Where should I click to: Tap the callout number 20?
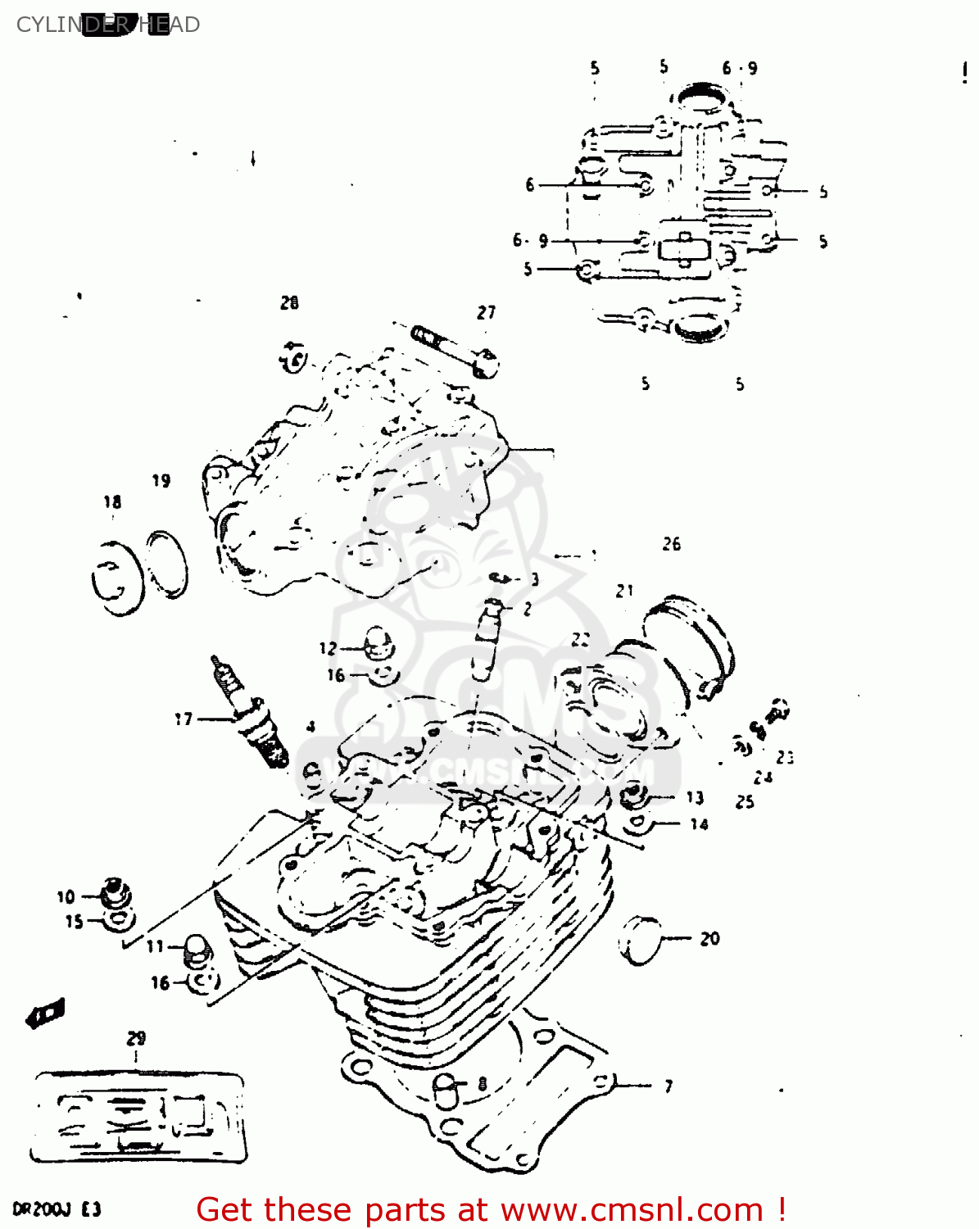coord(709,939)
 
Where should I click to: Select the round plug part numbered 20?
coord(640,938)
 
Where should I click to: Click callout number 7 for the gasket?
coord(669,1086)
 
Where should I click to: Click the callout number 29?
coord(136,1038)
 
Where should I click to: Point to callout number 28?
coord(289,303)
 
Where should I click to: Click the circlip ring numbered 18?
coord(116,578)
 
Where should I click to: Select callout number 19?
coord(161,481)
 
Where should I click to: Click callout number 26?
coord(671,544)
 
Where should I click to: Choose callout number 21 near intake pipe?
coord(625,591)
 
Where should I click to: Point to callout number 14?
coord(699,824)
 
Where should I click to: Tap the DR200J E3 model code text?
coord(56,1209)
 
